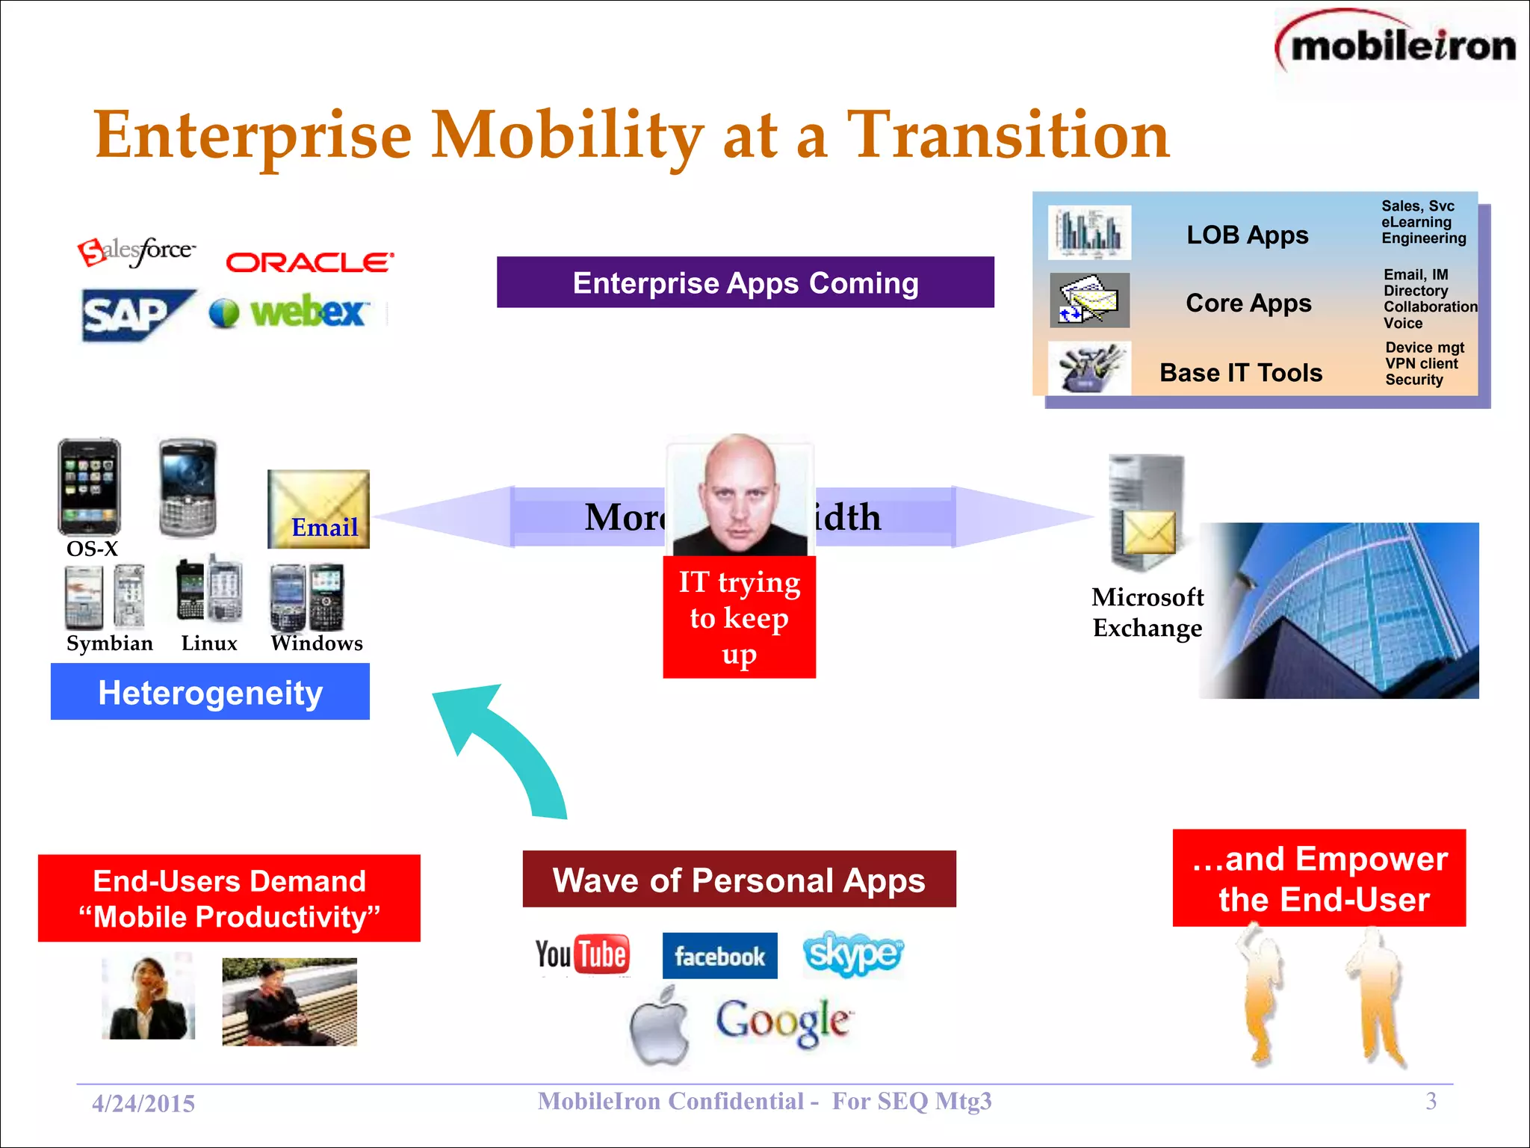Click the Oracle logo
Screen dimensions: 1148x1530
coord(309,262)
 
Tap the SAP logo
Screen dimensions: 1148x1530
coord(134,315)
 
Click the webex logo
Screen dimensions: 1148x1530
coord(290,312)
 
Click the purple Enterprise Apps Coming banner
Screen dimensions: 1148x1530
coord(745,283)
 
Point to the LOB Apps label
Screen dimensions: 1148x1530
coord(1247,235)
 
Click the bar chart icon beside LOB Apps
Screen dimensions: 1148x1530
coord(1089,232)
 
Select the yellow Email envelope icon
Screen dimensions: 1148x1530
coord(318,509)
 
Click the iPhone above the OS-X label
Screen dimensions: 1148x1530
coord(90,486)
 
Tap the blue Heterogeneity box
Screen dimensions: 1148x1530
coord(210,692)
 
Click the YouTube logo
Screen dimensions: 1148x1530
coord(583,954)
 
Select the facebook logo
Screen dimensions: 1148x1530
coord(719,956)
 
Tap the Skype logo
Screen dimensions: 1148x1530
coord(852,954)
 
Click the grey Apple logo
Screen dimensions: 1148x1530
coord(660,1026)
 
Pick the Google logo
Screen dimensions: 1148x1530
coord(783,1022)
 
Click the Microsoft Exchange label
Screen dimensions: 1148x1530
coord(1147,612)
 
